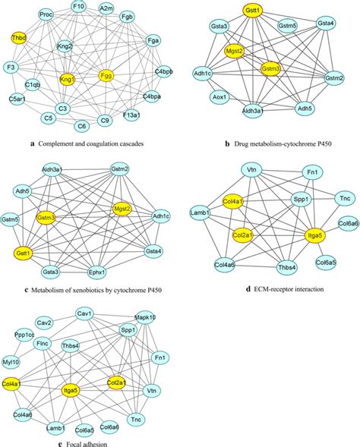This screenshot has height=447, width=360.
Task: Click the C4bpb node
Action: click(163, 73)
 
